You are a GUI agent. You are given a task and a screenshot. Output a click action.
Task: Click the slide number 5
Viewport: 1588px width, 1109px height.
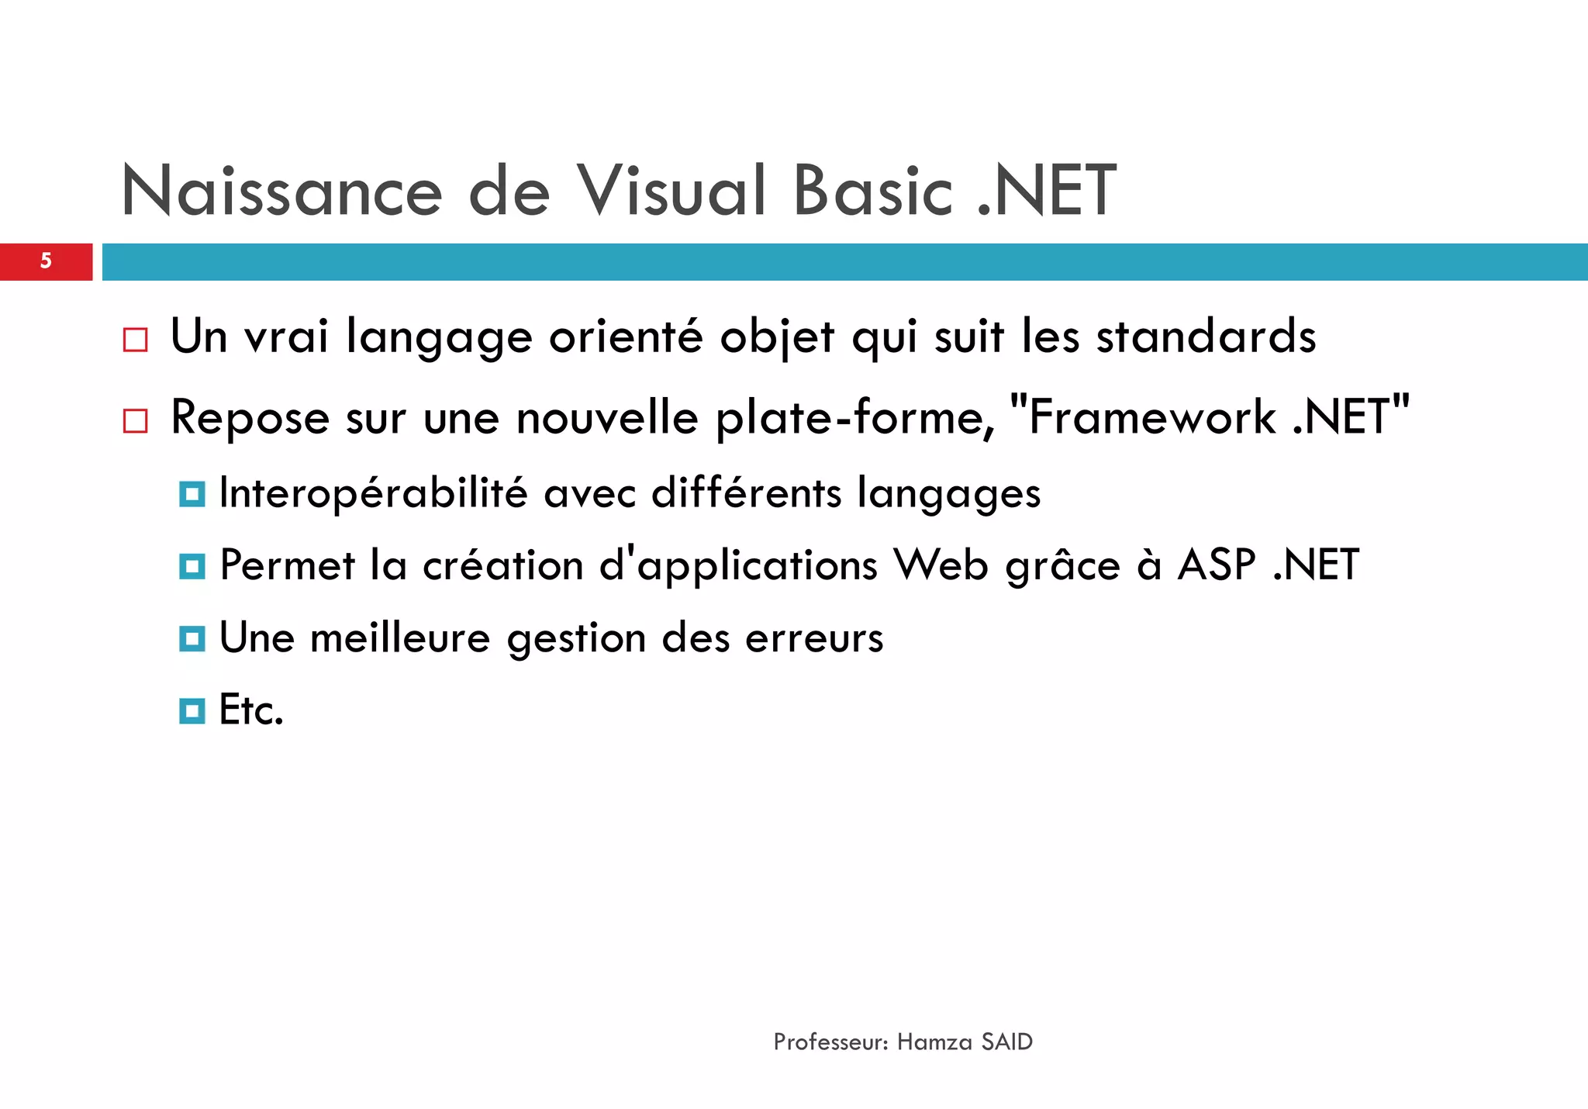tap(46, 261)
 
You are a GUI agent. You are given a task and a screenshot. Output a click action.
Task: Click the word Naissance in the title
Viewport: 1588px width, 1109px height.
tap(281, 192)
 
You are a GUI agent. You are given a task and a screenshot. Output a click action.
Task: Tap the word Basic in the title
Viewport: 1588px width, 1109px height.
tap(872, 192)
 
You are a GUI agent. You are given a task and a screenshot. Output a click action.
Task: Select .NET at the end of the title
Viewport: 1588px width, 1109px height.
tap(1047, 192)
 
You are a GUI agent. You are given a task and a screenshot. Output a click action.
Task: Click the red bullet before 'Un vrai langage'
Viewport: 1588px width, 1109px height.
tap(135, 340)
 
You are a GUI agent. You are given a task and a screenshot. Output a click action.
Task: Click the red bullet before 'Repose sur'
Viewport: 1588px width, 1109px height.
tap(135, 421)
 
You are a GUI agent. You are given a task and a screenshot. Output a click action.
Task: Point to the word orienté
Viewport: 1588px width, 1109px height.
tap(625, 337)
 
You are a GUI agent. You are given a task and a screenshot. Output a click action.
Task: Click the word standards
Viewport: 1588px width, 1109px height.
tap(1206, 337)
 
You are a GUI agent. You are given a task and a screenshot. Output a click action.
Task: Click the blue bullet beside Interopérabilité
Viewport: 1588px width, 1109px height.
tap(192, 493)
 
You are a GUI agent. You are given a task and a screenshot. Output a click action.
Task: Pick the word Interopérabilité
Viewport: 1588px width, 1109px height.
tap(373, 493)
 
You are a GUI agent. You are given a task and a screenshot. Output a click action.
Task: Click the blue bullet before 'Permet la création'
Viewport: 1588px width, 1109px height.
tap(192, 566)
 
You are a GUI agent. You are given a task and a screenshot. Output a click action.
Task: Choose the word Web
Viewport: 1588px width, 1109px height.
tap(941, 565)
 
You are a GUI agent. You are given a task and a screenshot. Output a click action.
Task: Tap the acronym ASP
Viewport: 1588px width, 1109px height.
tap(1216, 565)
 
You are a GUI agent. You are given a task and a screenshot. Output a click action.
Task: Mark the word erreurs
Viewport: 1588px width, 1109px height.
tap(813, 639)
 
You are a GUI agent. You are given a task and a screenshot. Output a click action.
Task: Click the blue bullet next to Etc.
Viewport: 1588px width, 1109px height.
tap(192, 710)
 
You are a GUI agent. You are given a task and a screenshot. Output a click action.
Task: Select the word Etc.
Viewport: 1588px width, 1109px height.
tap(251, 710)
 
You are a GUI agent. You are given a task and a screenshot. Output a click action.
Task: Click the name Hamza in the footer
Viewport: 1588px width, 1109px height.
tap(934, 1042)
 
